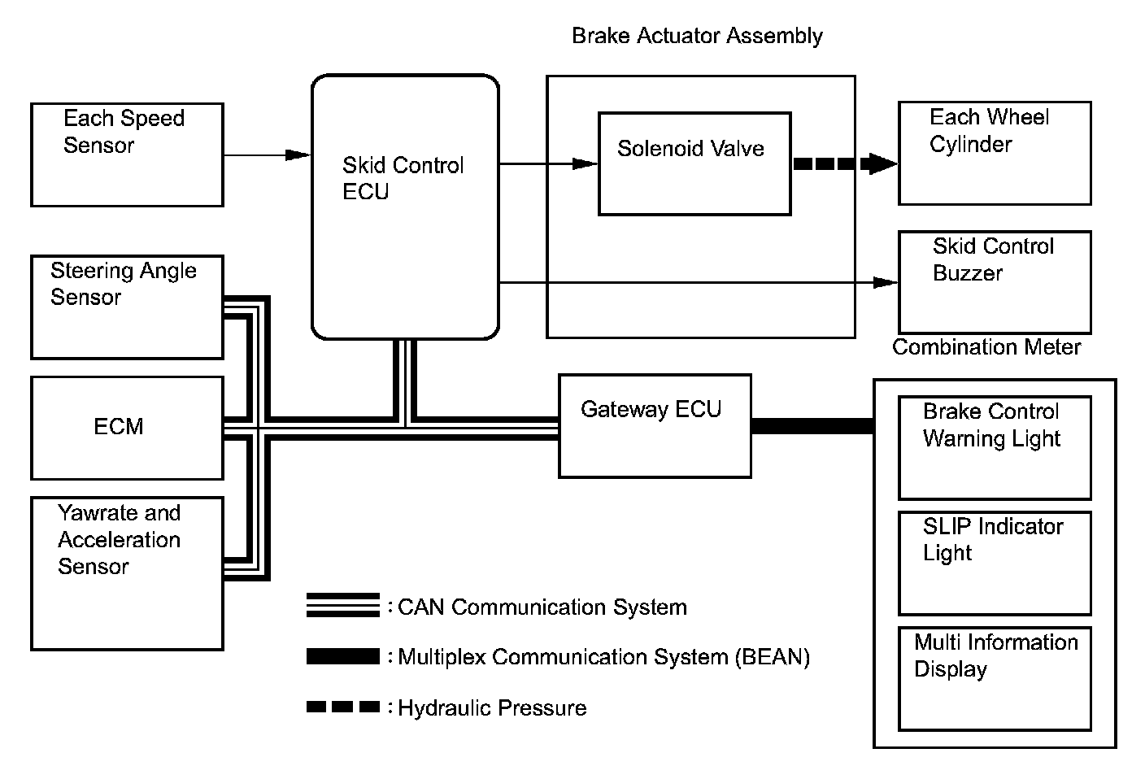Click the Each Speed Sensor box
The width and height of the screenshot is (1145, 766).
(128, 155)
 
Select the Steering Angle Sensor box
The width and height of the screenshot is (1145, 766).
(128, 307)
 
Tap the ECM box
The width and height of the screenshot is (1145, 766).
(128, 429)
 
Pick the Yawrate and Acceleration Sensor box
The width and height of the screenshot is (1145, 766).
(128, 573)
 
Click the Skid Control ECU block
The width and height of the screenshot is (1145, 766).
(405, 207)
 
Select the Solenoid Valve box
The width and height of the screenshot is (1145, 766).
(694, 163)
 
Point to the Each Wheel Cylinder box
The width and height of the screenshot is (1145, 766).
(995, 154)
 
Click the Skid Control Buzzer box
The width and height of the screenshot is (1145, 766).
(995, 283)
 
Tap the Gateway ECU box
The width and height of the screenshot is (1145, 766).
(655, 426)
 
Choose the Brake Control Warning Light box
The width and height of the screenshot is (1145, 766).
(995, 447)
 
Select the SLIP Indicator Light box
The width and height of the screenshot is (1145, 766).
(995, 564)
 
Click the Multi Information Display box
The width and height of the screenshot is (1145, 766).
(995, 679)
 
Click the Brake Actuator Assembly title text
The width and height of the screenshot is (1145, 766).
(697, 36)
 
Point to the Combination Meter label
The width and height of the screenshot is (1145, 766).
(986, 347)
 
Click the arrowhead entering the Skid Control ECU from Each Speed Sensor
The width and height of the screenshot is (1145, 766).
(298, 155)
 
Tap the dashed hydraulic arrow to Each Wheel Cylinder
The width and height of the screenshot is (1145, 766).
(846, 163)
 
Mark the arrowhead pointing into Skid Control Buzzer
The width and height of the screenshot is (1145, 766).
(886, 283)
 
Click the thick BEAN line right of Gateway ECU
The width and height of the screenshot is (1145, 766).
(812, 426)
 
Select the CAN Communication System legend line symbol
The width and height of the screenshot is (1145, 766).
(343, 605)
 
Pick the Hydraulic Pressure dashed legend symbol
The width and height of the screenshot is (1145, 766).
(343, 707)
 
